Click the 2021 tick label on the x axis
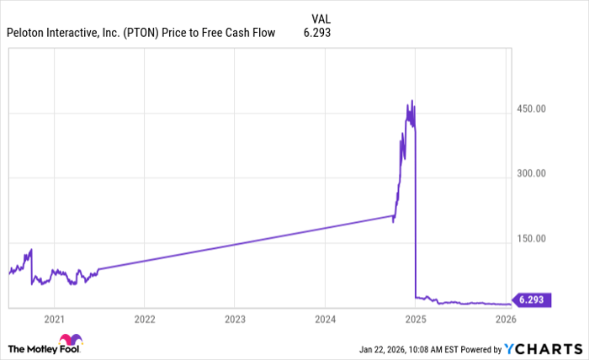coord(54,320)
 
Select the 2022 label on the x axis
coord(144,320)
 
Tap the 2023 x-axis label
coord(235,320)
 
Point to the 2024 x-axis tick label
coord(326,320)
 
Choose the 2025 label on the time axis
coord(416,320)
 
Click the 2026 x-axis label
coord(506,320)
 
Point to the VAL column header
coord(321,18)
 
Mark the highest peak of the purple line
coord(411,101)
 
